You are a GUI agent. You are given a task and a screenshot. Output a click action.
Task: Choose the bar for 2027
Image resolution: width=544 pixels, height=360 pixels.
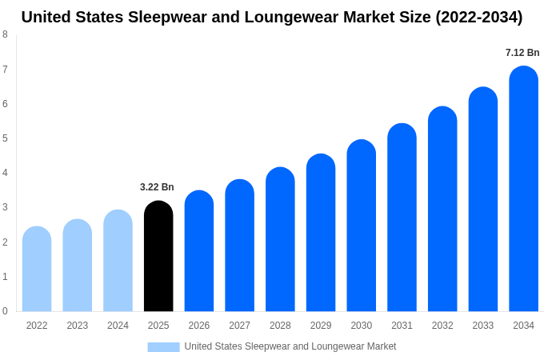click(x=239, y=246)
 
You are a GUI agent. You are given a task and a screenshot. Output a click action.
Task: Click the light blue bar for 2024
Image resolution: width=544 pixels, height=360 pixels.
click(x=118, y=261)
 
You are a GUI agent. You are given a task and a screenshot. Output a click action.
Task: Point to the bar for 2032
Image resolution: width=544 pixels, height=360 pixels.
click(x=442, y=209)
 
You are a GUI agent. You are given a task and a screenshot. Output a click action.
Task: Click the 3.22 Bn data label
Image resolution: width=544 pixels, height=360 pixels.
click(x=157, y=187)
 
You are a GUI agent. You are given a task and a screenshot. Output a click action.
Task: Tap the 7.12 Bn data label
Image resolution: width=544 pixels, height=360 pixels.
click(x=522, y=53)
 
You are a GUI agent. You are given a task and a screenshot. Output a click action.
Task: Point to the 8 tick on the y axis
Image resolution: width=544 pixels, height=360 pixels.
click(x=5, y=34)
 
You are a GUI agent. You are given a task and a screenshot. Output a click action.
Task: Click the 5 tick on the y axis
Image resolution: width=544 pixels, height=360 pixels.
click(x=5, y=138)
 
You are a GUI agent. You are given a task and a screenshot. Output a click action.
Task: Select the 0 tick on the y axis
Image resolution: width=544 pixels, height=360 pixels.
click(x=5, y=311)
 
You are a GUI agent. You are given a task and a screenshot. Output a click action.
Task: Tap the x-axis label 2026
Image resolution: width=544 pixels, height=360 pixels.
click(x=199, y=326)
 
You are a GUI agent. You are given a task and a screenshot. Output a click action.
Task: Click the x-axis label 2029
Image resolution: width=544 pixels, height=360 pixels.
click(x=321, y=326)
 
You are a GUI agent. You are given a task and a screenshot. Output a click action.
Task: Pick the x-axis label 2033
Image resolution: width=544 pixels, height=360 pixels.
click(x=482, y=326)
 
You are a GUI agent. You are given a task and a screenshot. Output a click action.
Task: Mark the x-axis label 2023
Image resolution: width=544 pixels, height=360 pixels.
click(x=78, y=326)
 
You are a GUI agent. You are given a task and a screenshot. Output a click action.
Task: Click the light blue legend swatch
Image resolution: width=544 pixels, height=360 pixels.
click(x=163, y=346)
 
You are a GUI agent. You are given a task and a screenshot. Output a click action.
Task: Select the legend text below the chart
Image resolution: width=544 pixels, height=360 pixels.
click(x=290, y=346)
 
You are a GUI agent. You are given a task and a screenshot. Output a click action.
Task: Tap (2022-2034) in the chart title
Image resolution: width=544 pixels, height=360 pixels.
click(x=478, y=17)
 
